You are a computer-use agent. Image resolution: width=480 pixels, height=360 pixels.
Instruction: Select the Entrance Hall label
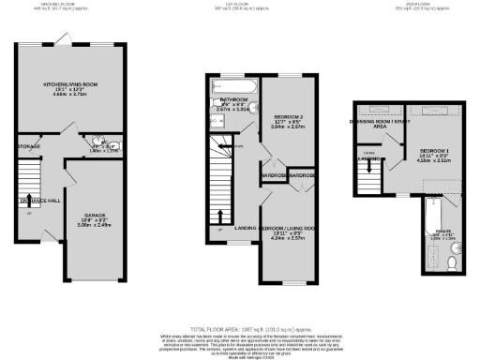tap(33, 200)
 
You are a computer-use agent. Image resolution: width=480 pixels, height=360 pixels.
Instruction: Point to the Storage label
tap(29, 145)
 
